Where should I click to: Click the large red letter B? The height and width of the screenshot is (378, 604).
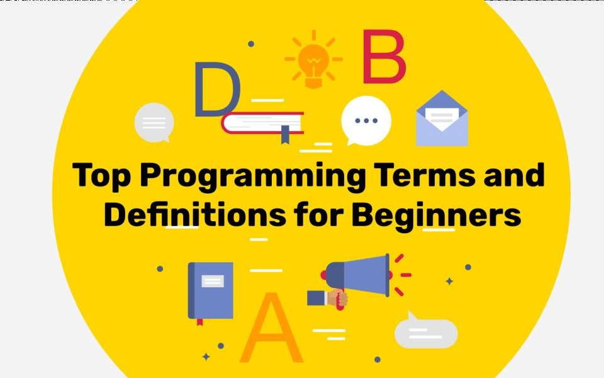coord(383,59)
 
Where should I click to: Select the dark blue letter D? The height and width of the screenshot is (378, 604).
coord(216,89)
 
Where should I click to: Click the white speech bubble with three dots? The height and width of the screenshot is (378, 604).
coord(366,120)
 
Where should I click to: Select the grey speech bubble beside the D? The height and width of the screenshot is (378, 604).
coord(154,122)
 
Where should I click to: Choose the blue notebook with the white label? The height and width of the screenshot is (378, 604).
coord(211,290)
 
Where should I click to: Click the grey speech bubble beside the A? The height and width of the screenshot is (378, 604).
coord(426,332)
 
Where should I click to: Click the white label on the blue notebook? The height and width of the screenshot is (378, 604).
coord(212,281)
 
